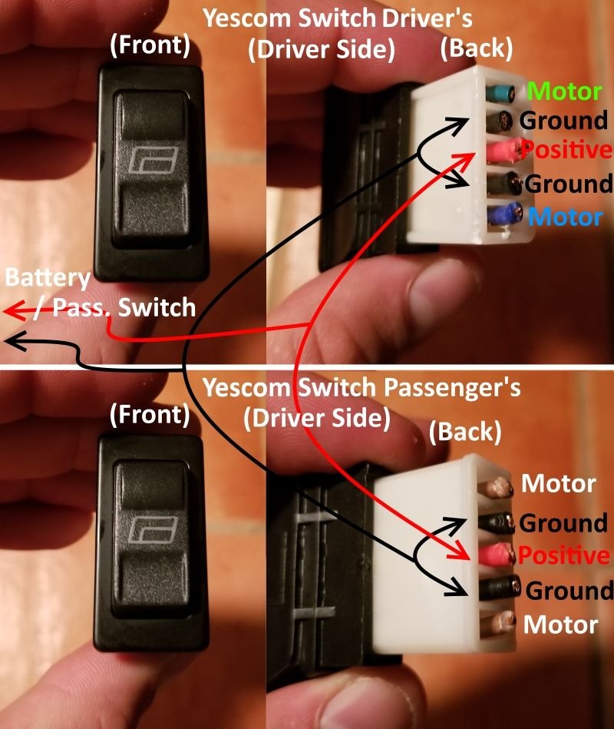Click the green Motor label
[x=564, y=91]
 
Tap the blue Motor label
[x=565, y=217]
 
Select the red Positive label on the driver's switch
[x=566, y=150]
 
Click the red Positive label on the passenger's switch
[x=564, y=555]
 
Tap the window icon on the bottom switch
[x=153, y=530]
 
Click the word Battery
[x=48, y=278]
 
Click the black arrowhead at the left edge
[x=14, y=342]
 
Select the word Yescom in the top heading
[x=248, y=18]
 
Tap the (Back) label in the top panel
[x=476, y=48]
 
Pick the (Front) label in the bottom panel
[x=150, y=415]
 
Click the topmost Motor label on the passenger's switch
[x=558, y=483]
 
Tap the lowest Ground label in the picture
[x=569, y=591]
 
